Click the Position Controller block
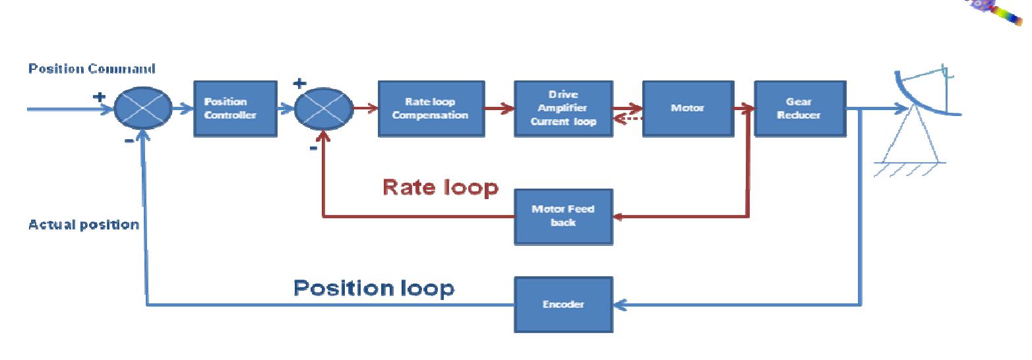(226, 108)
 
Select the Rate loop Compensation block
(431, 108)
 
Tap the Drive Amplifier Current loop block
(562, 108)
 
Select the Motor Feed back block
(562, 216)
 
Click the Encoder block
(562, 305)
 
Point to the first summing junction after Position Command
(143, 109)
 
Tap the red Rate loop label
(440, 188)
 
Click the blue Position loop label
(373, 288)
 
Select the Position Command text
(92, 69)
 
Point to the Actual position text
(84, 225)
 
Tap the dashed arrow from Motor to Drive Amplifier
(628, 119)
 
